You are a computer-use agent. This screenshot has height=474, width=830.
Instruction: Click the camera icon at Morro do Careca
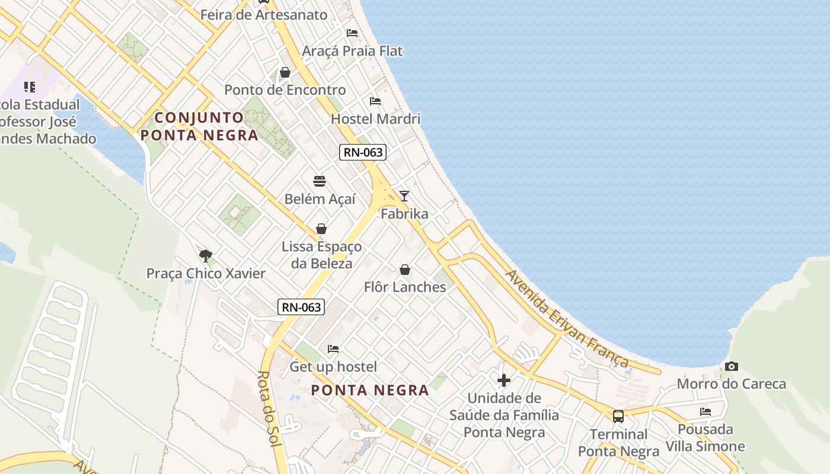(732, 367)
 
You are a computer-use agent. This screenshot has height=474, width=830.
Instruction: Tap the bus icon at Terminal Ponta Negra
(618, 417)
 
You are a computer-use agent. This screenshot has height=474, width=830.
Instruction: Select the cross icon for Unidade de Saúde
(504, 380)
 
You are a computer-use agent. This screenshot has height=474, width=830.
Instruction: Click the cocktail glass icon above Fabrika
(404, 196)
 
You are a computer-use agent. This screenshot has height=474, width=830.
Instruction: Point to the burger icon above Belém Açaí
(320, 181)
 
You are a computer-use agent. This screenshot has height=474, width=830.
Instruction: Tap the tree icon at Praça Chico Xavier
(206, 256)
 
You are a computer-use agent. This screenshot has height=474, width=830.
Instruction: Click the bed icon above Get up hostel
(333, 349)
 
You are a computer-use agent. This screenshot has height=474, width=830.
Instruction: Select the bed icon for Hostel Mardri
(375, 101)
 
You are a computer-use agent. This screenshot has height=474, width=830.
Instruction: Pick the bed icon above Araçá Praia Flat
(352, 33)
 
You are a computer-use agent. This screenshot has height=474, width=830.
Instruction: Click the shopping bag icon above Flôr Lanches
(405, 270)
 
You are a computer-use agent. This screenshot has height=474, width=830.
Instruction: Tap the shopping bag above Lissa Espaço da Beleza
(321, 229)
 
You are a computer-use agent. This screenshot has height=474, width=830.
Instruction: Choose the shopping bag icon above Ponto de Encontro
(285, 72)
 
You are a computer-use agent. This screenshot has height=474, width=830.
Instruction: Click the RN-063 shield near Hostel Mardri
(363, 152)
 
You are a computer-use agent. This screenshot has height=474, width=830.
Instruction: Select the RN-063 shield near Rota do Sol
(301, 307)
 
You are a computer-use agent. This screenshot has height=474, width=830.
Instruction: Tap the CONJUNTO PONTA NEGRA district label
(199, 126)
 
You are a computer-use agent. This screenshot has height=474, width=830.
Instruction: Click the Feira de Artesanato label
(264, 15)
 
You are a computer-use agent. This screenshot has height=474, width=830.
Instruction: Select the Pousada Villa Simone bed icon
(705, 412)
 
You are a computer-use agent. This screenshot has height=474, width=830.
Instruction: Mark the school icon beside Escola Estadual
(30, 87)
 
